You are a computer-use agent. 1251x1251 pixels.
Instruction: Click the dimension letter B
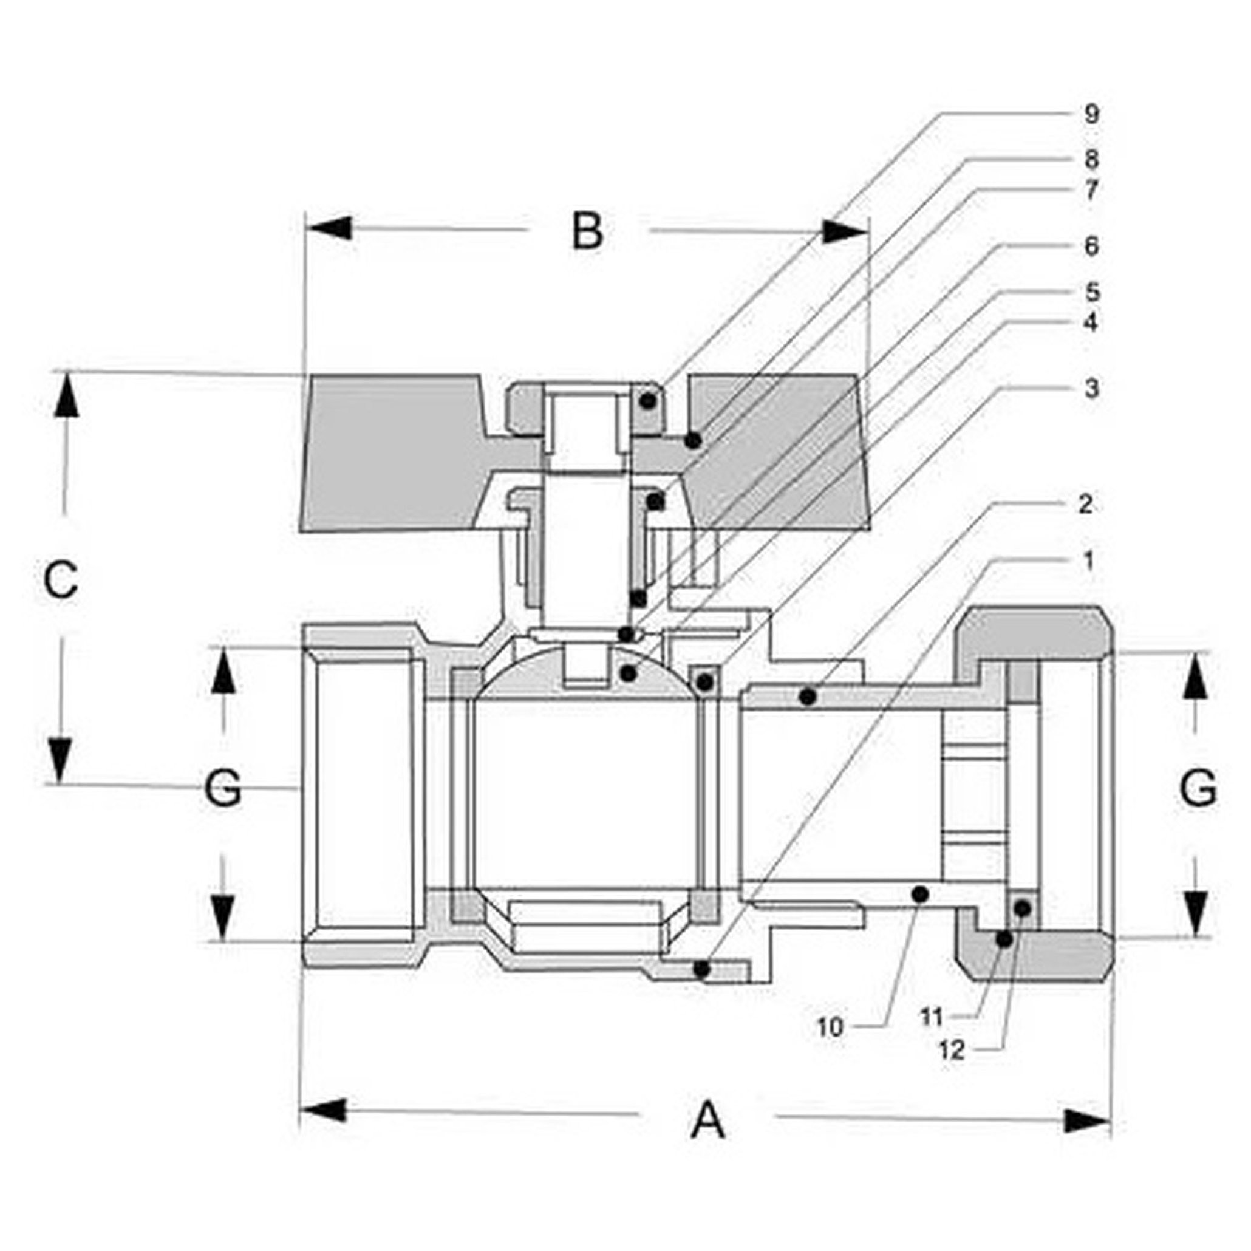[587, 231]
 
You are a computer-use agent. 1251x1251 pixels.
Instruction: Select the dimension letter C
[61, 579]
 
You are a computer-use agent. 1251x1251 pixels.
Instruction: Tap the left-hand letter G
[223, 789]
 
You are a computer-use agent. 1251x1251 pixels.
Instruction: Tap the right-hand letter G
[1198, 789]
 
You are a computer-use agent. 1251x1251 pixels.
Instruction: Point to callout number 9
[1092, 115]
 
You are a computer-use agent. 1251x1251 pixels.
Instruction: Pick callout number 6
[1092, 247]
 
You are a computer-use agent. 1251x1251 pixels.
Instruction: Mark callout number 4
[1092, 322]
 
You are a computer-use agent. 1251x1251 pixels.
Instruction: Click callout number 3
[1092, 389]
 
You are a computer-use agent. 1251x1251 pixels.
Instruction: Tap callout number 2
[1086, 505]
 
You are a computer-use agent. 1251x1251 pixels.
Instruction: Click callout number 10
[831, 1026]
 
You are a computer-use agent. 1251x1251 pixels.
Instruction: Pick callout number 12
[952, 1050]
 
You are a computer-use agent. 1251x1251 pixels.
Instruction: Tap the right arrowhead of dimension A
[1088, 1121]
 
